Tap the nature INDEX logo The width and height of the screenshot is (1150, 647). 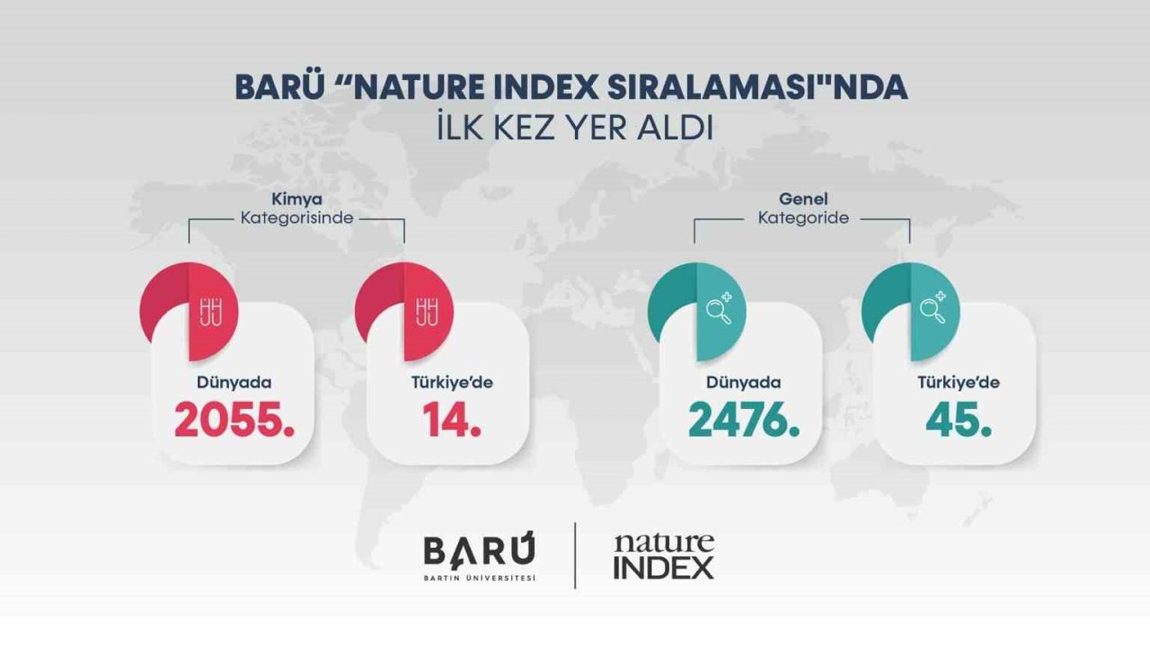pos(664,556)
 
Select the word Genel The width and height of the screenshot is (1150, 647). pos(803,199)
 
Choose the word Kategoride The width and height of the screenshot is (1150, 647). pos(803,217)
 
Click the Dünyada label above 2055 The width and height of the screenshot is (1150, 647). pos(234,382)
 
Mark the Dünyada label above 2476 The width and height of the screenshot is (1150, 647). pos(743,382)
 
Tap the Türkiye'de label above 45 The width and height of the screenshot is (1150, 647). pos(959,382)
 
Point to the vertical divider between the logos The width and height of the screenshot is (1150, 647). pos(575,556)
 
